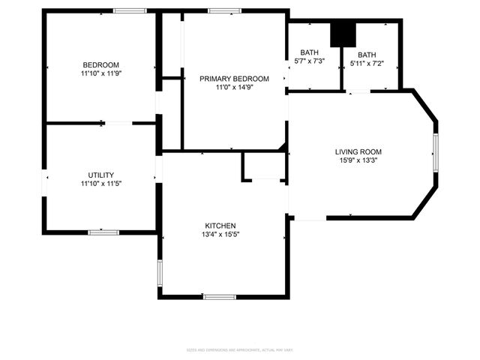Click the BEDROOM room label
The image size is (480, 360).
(100, 65)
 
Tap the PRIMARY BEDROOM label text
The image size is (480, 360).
(234, 79)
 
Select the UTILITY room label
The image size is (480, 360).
(100, 175)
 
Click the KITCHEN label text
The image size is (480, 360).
(220, 226)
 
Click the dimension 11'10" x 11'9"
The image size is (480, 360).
(100, 74)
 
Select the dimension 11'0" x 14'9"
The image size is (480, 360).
(234, 88)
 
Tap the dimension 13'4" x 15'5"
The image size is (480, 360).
(220, 235)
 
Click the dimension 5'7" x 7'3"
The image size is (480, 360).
(310, 61)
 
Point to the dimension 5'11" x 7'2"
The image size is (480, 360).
(367, 64)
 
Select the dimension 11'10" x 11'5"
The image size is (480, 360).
(100, 184)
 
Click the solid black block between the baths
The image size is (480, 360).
(343, 33)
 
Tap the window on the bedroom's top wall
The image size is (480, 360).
(130, 10)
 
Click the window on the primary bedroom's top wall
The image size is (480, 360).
(224, 10)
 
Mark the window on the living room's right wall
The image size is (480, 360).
(435, 154)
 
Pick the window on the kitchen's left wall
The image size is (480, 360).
(160, 273)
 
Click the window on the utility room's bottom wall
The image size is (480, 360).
(103, 232)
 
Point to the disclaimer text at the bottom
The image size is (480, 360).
(239, 349)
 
